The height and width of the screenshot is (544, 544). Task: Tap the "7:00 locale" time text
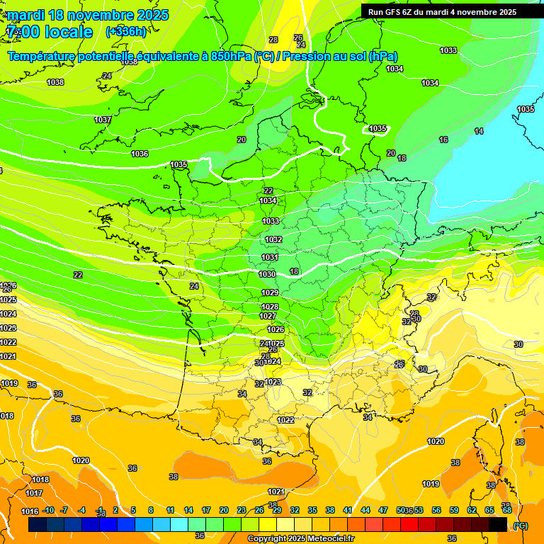[x=49, y=32]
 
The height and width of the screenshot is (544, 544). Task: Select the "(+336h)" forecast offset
[x=126, y=32]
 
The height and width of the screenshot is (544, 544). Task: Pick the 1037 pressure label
[x=103, y=120]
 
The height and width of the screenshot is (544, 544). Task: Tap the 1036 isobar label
[x=140, y=154]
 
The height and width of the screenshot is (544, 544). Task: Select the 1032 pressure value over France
[x=273, y=239]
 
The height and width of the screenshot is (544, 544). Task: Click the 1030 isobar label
[x=267, y=274]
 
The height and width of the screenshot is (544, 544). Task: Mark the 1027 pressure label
[x=268, y=316]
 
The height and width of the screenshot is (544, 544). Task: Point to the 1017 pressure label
[x=34, y=493]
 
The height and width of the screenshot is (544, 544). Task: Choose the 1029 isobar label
[x=269, y=293]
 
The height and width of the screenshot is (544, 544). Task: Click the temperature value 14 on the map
[x=479, y=131]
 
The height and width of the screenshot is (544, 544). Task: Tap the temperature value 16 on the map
[x=443, y=140]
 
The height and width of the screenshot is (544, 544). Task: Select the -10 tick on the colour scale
[x=48, y=510]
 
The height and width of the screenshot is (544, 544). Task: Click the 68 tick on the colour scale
[x=506, y=510]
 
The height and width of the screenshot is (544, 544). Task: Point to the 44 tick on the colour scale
[x=365, y=510]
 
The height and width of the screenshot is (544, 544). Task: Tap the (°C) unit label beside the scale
[x=520, y=526]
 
